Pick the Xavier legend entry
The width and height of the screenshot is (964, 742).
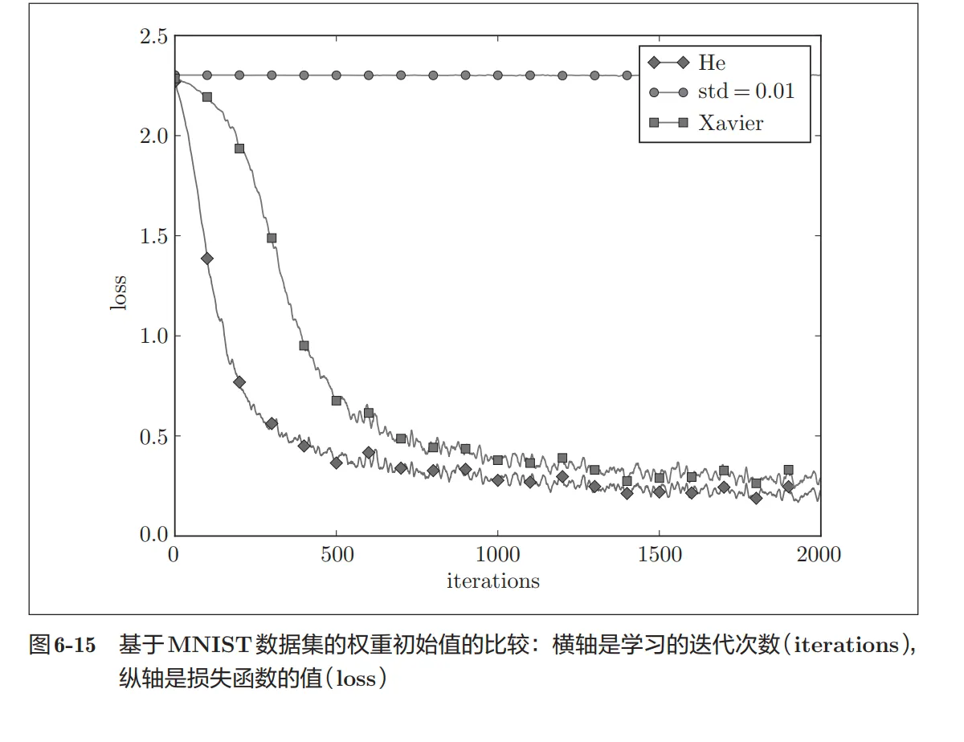coord(730,123)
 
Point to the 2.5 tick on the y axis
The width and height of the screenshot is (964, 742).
coord(153,36)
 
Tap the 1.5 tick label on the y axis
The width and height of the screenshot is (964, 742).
coord(153,236)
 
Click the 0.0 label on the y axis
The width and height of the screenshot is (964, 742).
coord(153,535)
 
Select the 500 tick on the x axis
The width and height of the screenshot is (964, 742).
coord(337,555)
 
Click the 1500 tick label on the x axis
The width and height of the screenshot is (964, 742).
coord(659,555)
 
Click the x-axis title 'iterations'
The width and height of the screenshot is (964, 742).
coord(492,581)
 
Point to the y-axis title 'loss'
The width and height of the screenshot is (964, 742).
coord(120,294)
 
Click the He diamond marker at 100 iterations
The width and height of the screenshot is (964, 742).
coord(207,259)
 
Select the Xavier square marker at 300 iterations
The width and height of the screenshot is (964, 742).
coord(272,238)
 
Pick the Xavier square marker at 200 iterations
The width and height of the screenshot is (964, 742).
coord(239,149)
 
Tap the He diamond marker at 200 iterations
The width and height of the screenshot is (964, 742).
coord(239,382)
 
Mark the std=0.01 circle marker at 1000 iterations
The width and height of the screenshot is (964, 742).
coord(498,75)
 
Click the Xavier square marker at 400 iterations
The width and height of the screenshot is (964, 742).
coord(304,346)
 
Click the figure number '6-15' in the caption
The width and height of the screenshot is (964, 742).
coord(75,646)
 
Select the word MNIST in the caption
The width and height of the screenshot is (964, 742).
coord(210,646)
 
